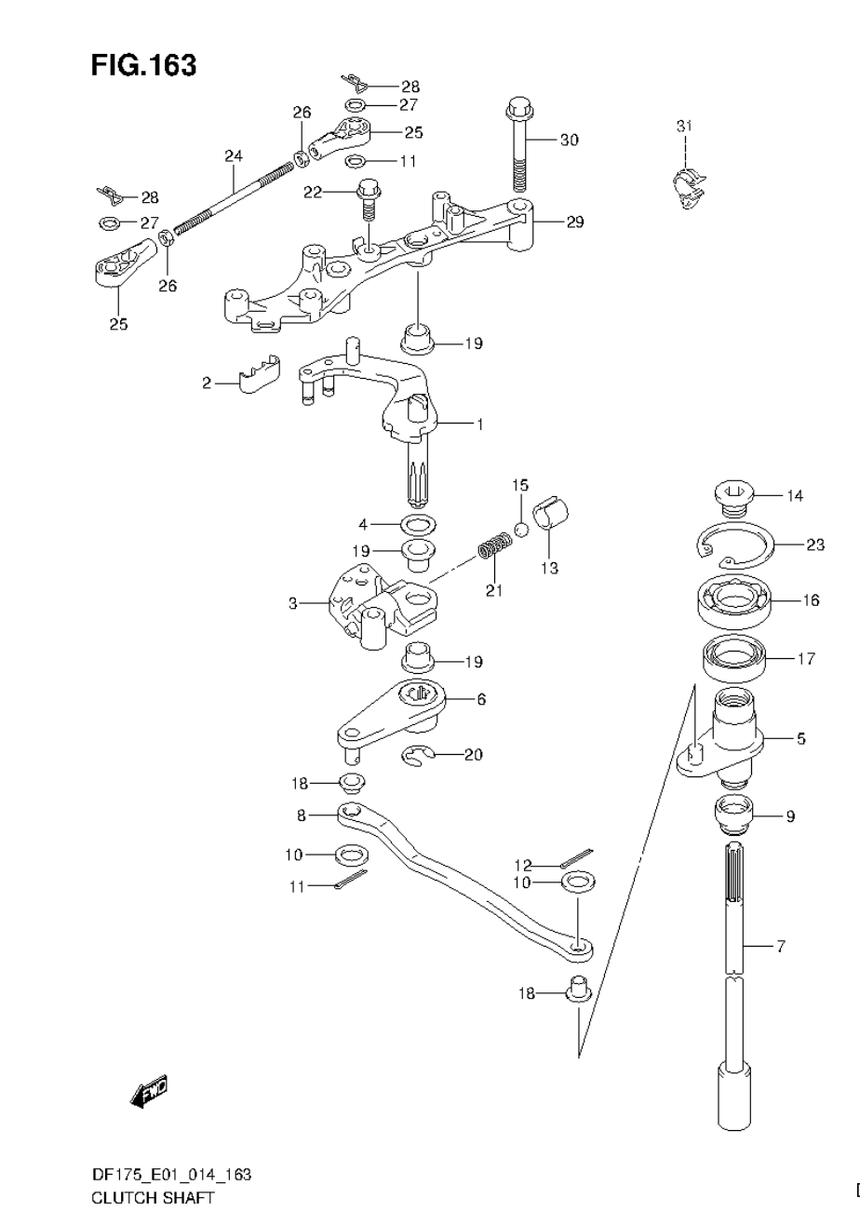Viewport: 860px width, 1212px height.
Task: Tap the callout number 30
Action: (569, 140)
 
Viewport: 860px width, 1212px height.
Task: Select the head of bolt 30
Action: (518, 109)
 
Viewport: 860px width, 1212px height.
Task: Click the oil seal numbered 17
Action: (734, 658)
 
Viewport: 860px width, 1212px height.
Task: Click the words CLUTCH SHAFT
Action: (154, 1197)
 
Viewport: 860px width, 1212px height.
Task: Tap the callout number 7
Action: (780, 947)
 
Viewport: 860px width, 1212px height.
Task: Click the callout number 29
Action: (574, 222)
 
